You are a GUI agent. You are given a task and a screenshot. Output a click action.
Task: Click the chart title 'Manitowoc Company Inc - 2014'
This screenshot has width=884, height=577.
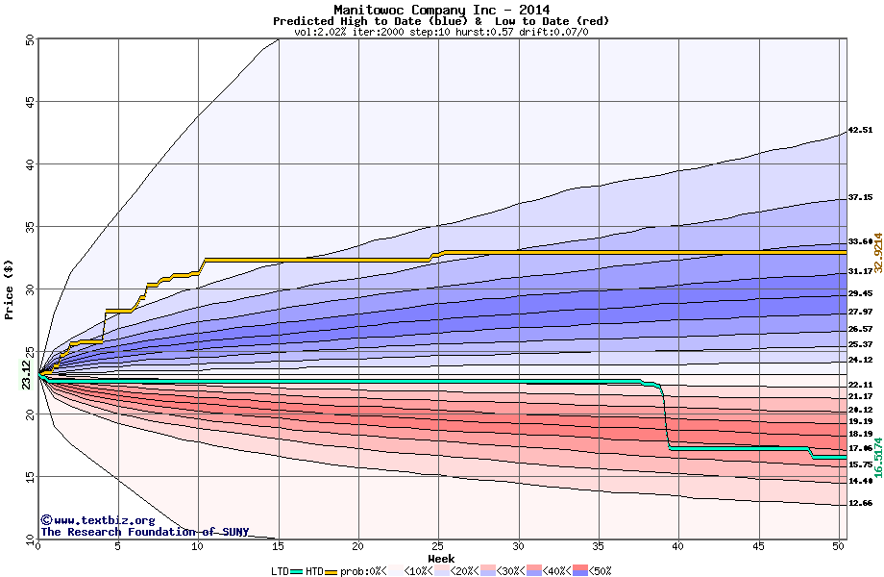coord(441,10)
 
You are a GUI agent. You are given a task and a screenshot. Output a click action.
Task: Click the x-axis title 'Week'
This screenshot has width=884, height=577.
coord(441,559)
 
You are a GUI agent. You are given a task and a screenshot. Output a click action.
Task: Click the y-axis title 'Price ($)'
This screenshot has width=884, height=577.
coord(9,288)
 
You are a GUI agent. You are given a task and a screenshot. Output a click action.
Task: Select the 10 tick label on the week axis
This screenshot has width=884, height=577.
coord(198,546)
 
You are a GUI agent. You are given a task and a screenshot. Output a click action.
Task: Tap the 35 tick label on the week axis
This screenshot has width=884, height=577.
coord(599,546)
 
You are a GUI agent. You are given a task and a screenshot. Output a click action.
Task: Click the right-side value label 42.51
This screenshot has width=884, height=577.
coord(860,130)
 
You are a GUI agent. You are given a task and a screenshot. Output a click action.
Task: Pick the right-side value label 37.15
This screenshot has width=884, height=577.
coord(860,197)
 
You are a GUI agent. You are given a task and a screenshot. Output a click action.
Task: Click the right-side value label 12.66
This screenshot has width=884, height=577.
coord(860,503)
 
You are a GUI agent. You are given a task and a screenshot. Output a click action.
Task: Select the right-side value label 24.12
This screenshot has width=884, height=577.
coord(860,360)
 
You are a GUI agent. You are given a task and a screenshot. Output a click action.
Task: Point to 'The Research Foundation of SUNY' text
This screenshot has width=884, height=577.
coord(144,532)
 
